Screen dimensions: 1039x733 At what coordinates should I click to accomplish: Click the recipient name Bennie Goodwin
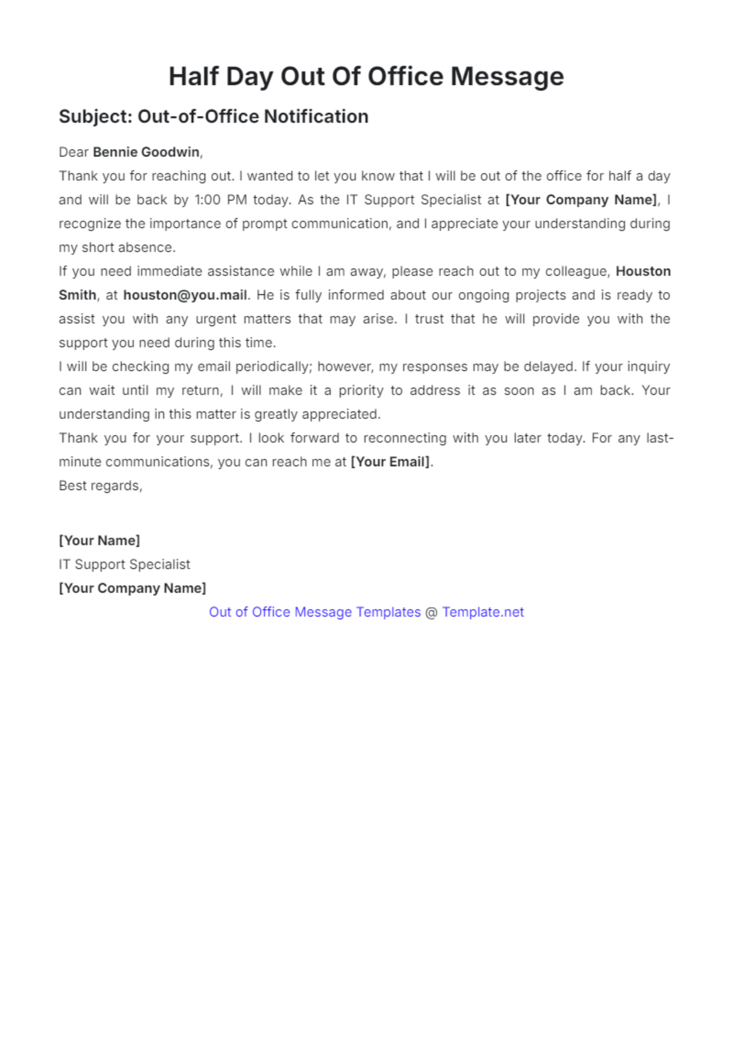click(x=146, y=152)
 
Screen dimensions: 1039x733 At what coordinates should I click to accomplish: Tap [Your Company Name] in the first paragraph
click(x=582, y=200)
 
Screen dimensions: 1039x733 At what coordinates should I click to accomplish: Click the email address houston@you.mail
click(x=185, y=295)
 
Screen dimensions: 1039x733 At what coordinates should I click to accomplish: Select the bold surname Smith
click(x=77, y=295)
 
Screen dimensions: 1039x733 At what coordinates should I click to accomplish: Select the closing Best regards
click(x=100, y=486)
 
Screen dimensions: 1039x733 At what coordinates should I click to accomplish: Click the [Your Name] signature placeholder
click(x=99, y=541)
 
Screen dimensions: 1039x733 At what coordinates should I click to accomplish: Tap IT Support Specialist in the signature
click(x=124, y=564)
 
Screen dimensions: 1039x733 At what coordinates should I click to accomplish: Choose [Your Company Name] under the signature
click(x=132, y=588)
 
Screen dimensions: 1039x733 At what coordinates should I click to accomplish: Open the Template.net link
click(x=483, y=612)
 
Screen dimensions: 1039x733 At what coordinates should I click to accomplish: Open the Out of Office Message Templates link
click(x=315, y=612)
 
